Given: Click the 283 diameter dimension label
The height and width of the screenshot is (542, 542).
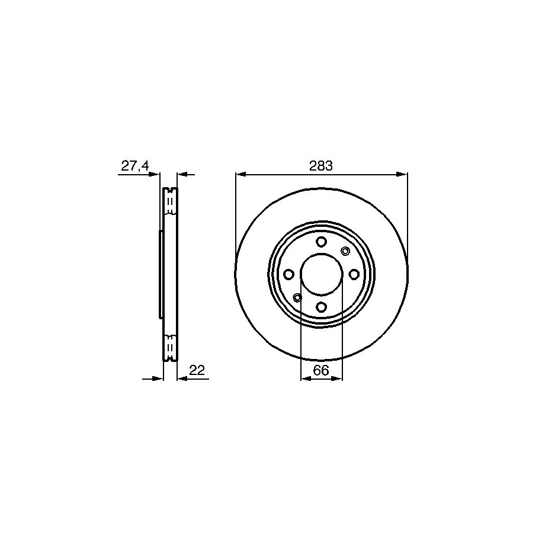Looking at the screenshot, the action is click(321, 166).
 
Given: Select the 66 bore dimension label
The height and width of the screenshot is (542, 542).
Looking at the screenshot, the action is click(321, 370).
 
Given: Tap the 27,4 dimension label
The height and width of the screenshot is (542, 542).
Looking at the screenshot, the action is click(135, 166).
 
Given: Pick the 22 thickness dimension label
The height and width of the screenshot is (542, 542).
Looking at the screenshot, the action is click(197, 370).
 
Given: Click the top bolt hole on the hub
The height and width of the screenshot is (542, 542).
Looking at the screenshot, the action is click(322, 242).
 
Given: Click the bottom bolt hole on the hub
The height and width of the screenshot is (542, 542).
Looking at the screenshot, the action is click(322, 307).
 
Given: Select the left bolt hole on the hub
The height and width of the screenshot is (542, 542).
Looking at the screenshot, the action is click(288, 274).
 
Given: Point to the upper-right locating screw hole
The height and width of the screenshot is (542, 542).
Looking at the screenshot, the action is click(345, 251).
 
